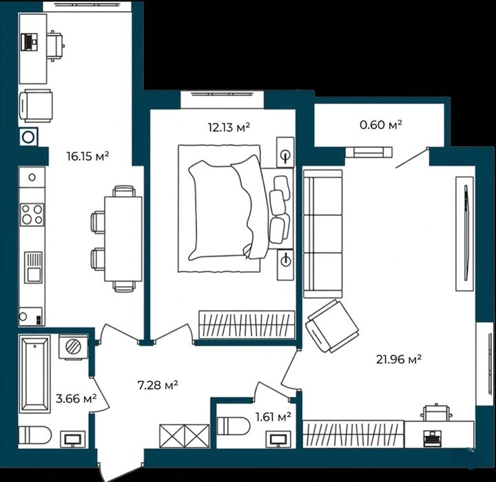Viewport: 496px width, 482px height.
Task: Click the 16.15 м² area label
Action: coord(87,156)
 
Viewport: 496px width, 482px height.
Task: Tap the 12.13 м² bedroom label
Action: coord(229,127)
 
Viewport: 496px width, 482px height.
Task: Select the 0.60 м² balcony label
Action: coord(381,125)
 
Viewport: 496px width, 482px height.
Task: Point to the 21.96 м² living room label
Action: coord(399,359)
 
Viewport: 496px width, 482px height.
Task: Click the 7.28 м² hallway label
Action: coord(158,385)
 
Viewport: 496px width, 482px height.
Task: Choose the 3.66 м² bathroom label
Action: coord(76,399)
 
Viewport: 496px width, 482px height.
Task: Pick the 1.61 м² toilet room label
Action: coord(273,417)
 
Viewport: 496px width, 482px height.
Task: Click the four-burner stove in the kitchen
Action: coord(32,214)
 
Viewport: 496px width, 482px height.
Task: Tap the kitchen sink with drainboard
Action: coord(33,267)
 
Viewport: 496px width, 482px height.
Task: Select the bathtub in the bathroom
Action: coord(35,374)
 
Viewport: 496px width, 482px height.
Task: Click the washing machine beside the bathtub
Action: coord(73,346)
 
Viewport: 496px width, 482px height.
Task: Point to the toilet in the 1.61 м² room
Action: coord(234,427)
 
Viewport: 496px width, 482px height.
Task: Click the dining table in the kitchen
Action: coord(123,239)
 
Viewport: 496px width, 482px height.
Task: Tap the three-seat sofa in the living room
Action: coord(322,233)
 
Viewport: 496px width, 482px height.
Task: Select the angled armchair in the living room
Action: coord(332,326)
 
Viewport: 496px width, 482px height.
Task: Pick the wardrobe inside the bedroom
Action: coord(247,324)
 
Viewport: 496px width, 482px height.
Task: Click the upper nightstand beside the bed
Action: coord(285,152)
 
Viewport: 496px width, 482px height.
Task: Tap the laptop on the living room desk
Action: coord(431,439)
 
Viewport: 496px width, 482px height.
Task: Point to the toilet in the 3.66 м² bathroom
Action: coord(35,435)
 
